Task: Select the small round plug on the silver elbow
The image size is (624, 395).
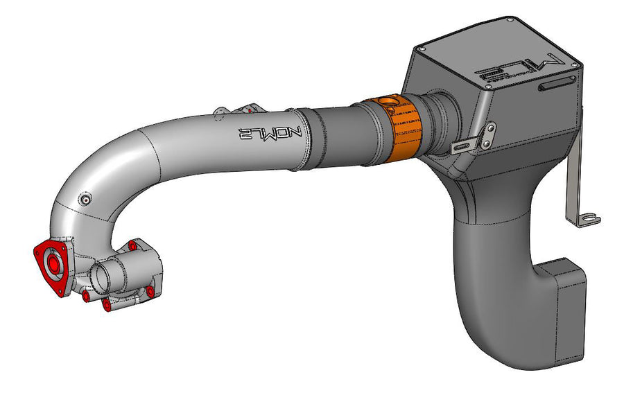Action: (85, 200)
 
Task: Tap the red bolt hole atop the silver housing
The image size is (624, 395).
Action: (132, 245)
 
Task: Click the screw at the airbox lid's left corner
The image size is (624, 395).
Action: (421, 48)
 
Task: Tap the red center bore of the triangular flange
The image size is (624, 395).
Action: (52, 264)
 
